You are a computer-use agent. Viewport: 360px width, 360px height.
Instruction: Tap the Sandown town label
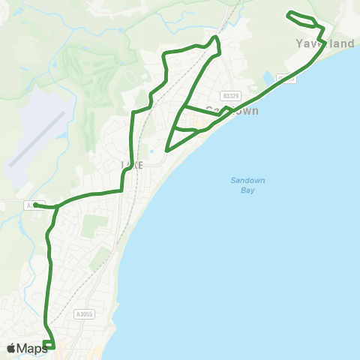pos(232,110)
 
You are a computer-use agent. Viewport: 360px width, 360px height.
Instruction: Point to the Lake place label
pos(131,164)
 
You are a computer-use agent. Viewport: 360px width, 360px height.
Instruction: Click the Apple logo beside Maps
pos(11,348)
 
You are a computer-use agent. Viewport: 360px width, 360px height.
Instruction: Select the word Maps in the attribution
pos(32,348)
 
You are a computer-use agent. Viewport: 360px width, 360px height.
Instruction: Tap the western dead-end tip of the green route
pos(35,204)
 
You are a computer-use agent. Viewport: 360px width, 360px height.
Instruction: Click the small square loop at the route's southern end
pos(49,345)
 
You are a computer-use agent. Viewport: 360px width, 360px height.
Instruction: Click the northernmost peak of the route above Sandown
pos(215,37)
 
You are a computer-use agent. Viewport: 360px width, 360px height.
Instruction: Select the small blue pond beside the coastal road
pos(268,78)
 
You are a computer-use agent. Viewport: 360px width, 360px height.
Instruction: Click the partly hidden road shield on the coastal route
pos(285,78)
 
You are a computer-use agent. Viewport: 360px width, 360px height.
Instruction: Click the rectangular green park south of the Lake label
pos(90,226)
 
